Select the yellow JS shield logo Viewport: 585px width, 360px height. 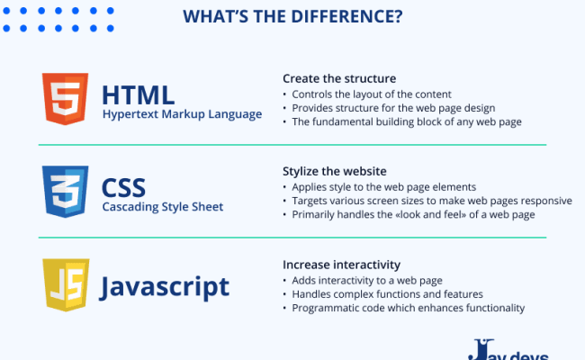(65, 286)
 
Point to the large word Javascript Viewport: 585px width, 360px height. (166, 286)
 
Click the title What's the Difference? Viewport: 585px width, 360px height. (292, 17)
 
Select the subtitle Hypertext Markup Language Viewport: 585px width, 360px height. (182, 114)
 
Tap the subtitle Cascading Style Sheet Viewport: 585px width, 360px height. (162, 207)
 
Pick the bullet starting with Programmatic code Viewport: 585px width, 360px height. (402, 308)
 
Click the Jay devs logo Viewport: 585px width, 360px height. (508, 349)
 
